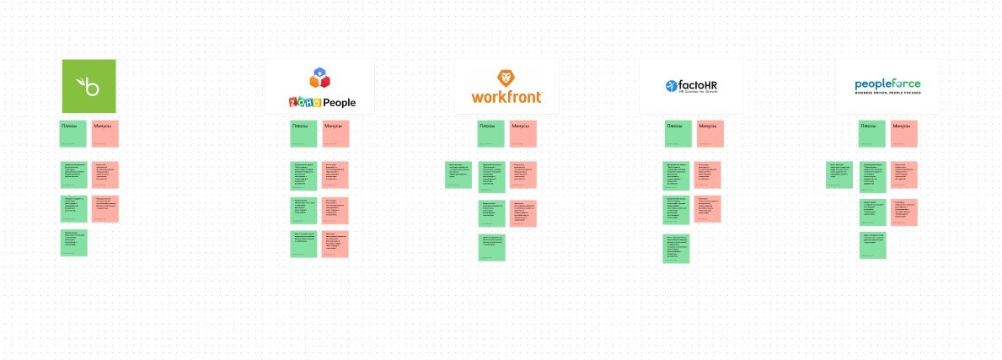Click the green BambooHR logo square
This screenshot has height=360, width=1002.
88,86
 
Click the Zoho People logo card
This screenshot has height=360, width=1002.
319,86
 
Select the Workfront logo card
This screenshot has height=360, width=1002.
506,86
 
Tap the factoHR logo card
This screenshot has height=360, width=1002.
691,86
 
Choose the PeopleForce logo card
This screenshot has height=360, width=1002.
887,86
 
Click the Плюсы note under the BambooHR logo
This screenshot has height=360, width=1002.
73,134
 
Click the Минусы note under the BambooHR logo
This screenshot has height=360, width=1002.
105,134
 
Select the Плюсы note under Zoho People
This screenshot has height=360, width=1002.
304,134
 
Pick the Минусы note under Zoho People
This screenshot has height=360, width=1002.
335,134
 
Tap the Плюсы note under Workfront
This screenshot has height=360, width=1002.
491,134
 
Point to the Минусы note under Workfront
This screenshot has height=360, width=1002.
523,134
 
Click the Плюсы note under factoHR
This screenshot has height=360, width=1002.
678,134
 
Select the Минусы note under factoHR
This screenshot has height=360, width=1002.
710,134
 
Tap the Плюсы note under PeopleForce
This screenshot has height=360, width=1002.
872,134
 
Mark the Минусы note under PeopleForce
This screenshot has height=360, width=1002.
904,134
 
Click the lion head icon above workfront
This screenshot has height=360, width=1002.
506,78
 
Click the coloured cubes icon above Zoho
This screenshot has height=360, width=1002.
319,78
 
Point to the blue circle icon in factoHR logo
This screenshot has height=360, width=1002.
672,85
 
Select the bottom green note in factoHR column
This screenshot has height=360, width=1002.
676,249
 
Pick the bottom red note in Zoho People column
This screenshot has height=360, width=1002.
335,244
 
